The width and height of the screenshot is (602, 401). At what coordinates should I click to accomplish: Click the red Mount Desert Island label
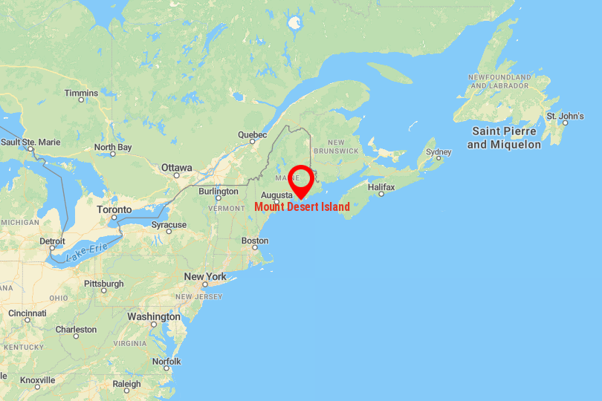(302, 206)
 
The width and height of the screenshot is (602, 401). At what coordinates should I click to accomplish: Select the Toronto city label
(114, 210)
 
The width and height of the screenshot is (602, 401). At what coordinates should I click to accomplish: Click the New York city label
(205, 276)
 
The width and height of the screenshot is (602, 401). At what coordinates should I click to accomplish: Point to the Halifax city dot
(381, 194)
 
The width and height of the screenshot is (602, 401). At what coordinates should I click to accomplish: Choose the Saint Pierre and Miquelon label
(504, 137)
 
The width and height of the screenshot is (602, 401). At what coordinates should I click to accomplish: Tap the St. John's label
(565, 116)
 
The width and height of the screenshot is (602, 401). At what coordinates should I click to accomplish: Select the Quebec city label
(252, 134)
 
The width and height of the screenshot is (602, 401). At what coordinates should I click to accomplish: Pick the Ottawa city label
(177, 167)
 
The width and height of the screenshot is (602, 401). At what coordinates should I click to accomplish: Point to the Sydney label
(438, 152)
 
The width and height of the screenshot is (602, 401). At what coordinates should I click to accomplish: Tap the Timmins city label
(81, 93)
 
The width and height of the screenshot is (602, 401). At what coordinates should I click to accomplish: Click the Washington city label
(154, 316)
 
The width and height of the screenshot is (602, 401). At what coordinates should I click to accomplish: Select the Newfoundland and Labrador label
(499, 81)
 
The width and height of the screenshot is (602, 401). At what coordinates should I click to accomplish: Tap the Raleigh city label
(126, 384)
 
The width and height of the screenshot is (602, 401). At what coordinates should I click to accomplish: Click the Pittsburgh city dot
(104, 290)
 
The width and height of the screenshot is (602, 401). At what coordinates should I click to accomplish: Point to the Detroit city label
(52, 241)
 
